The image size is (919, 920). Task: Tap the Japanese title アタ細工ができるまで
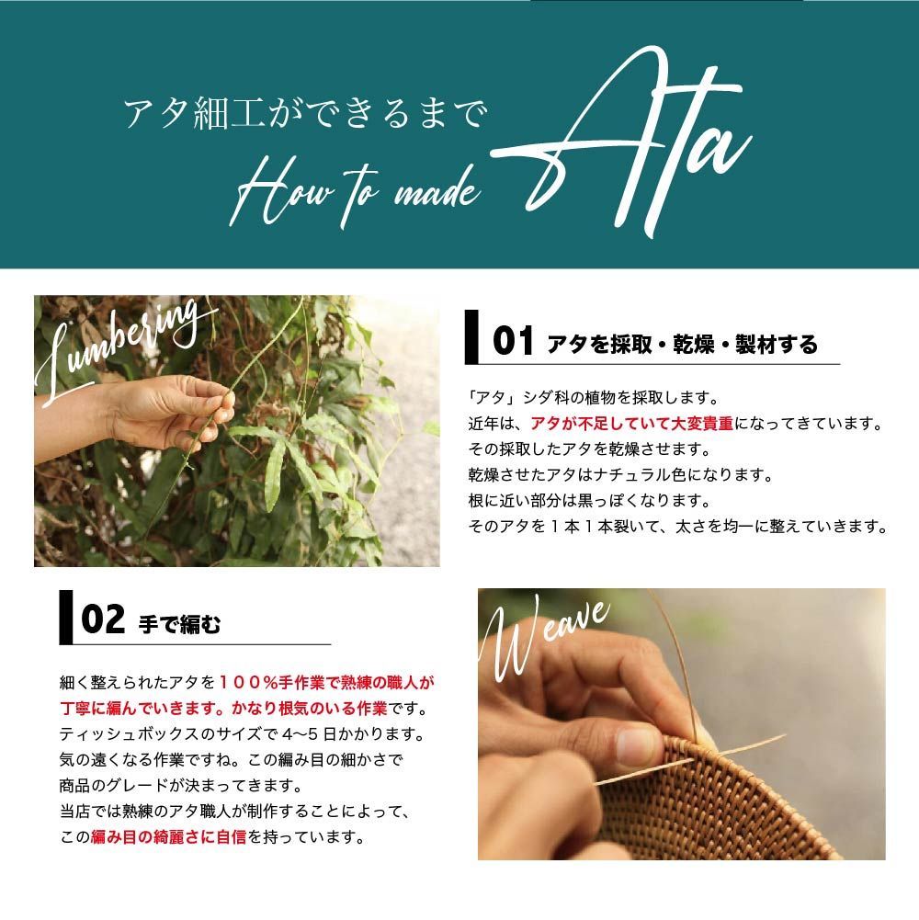pos(303,116)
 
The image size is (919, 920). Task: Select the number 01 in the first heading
pos(513,343)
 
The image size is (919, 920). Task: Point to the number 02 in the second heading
pos(102,621)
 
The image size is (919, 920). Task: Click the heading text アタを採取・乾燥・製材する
pos(682,345)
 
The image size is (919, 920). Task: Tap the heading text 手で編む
pos(179,623)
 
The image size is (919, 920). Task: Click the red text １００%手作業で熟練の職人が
pos(326,683)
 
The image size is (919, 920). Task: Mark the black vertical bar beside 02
pos(65,618)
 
